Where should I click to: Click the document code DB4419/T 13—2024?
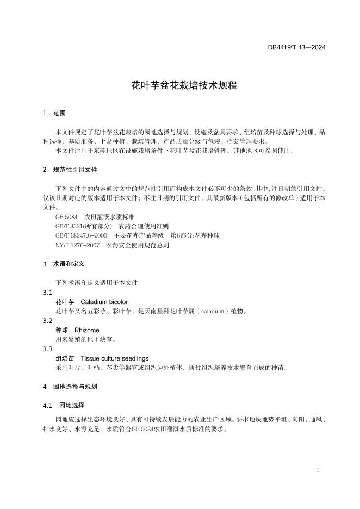pyautogui.click(x=296, y=47)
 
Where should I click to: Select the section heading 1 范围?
pyautogui.click(x=54, y=114)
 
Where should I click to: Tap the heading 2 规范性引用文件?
pyautogui.click(x=70, y=170)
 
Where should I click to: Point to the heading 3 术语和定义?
pyautogui.click(x=65, y=264)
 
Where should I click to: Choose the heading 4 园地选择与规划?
pyautogui.click(x=70, y=387)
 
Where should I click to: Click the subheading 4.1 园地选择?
pyautogui.click(x=63, y=406)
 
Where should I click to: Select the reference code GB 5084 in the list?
pyautogui.click(x=66, y=216)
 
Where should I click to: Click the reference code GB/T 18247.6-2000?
pyautogui.click(x=81, y=235)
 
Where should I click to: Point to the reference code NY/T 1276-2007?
pyautogui.click(x=78, y=245)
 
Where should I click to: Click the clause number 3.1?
pyautogui.click(x=48, y=293)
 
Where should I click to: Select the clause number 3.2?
pyautogui.click(x=48, y=321)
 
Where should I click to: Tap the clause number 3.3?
pyautogui.click(x=48, y=349)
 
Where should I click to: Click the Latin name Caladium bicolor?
pyautogui.click(x=104, y=302)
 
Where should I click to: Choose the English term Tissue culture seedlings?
pyautogui.click(x=114, y=358)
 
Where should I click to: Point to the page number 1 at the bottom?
pyautogui.click(x=317, y=470)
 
